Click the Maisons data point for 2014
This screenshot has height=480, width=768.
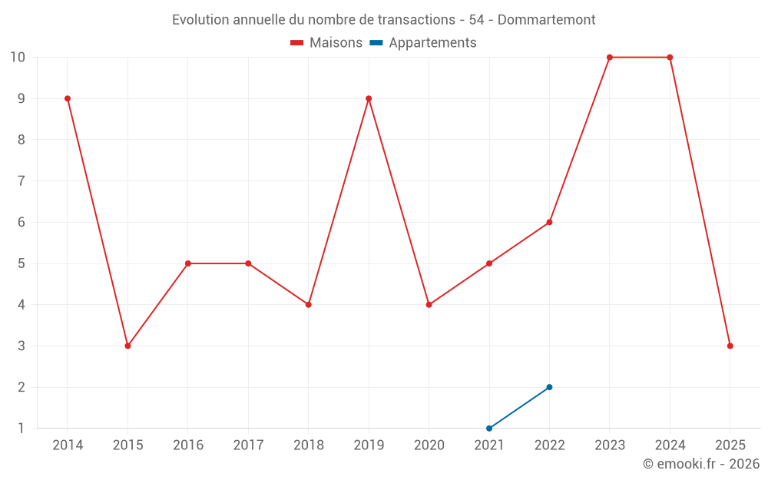tap(68, 98)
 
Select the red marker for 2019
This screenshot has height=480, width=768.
tap(369, 98)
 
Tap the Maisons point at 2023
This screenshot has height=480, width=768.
tap(610, 58)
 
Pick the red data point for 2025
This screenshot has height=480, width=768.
tap(730, 346)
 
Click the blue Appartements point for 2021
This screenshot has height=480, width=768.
tap(489, 428)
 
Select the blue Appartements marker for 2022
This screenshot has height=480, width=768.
tap(549, 387)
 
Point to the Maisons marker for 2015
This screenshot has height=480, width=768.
tap(127, 346)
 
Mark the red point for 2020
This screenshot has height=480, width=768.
tap(429, 305)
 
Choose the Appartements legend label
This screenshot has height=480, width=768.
tap(432, 43)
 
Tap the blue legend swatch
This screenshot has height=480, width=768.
tap(376, 43)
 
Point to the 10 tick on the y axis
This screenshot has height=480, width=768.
tap(18, 58)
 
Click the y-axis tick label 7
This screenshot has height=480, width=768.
tap(21, 181)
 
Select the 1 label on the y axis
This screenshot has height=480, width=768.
tap(21, 428)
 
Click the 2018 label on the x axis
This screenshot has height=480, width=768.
tap(308, 445)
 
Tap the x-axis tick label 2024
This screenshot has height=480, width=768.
tap(670, 445)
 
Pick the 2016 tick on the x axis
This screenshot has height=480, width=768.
tap(188, 445)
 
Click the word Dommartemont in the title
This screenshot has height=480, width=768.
tap(546, 19)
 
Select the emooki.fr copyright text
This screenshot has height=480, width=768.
tap(700, 464)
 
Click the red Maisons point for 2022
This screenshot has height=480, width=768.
tap(549, 222)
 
